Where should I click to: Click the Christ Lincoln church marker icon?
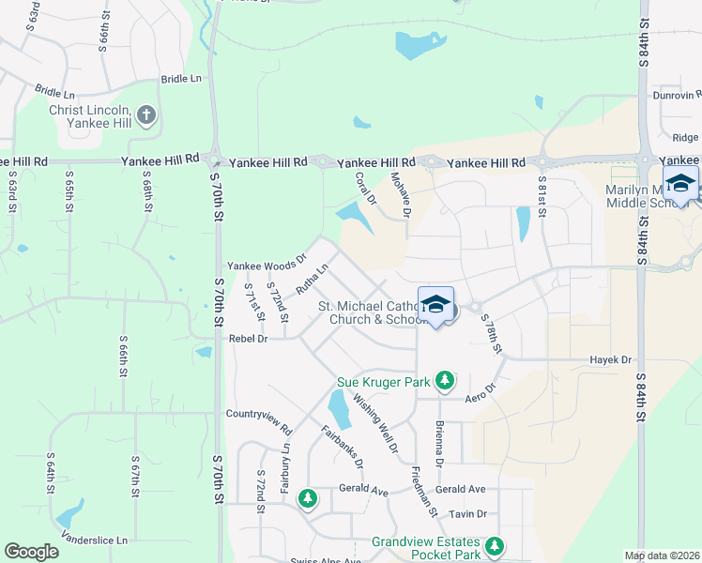coord(145,115)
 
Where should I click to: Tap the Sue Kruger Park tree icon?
coord(445,381)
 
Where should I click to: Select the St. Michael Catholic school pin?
coord(435,305)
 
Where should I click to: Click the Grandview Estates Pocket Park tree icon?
coord(495,545)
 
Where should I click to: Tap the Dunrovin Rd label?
coord(678,95)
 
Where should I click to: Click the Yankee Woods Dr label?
coord(267,265)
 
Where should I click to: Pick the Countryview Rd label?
coord(259,414)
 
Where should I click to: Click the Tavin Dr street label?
coord(467,513)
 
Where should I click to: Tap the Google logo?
coord(31,552)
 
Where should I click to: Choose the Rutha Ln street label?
coord(312,279)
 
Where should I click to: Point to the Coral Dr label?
coord(366,188)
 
